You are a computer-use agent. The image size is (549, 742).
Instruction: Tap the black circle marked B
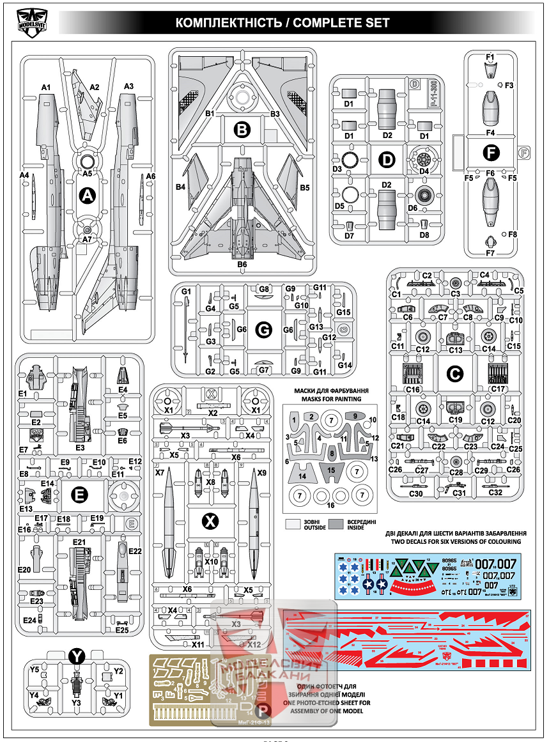point(242,131)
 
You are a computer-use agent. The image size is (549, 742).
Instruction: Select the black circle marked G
point(263,330)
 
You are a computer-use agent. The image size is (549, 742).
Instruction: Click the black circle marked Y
point(76,656)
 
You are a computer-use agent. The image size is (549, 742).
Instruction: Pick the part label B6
point(242,263)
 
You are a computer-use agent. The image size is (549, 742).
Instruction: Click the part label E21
point(79,542)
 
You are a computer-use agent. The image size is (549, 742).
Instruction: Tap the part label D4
point(424,171)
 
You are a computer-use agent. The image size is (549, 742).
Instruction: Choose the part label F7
point(490,253)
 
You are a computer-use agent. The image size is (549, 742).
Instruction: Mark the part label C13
point(455,350)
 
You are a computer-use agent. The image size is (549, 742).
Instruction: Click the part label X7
point(160,472)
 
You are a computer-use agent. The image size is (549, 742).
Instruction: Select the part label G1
point(187,291)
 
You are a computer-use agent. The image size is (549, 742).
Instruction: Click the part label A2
point(95,88)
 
